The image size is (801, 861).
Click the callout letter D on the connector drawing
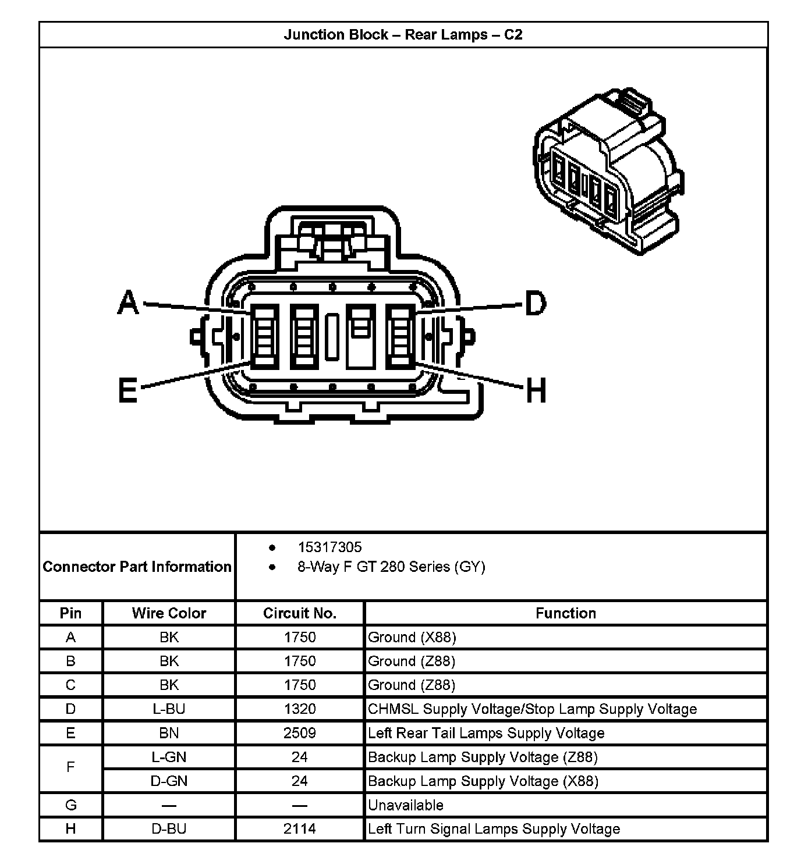pos(536,303)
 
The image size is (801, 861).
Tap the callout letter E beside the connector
pos(127,390)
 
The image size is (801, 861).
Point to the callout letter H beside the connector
pos(536,390)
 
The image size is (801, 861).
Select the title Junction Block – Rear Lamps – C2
pos(403,35)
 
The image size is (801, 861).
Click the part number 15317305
pos(329,547)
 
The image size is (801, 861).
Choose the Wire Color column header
pos(169,613)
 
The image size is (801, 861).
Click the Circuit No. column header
pos(300,613)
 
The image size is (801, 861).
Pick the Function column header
pos(566,613)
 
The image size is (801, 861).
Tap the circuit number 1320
pos(300,709)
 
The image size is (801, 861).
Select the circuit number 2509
pos(300,733)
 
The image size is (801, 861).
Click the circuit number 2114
pos(300,828)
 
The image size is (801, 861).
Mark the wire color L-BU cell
pos(169,709)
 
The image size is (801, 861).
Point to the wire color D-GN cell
pos(169,781)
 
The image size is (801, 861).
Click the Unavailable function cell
pos(406,805)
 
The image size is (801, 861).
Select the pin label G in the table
pos(71,805)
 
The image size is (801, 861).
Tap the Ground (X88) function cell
pos(412,638)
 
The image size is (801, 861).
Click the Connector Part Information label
pos(137,567)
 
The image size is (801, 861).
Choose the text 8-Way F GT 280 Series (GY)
pos(391,567)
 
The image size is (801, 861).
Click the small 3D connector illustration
pos(608,172)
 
